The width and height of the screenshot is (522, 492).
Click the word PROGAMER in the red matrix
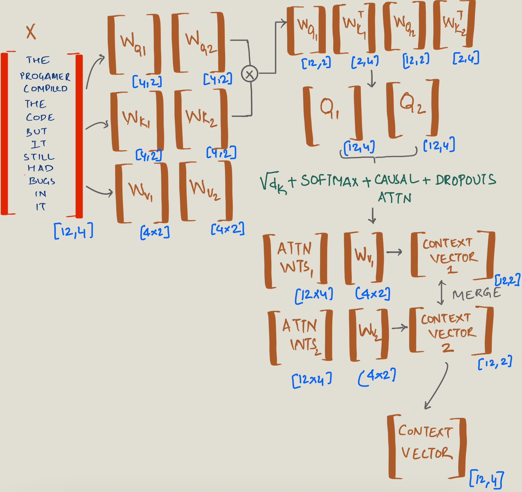[x=45, y=76]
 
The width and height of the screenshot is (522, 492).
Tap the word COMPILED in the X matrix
[x=45, y=89]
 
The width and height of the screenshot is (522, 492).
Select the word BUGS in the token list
[x=42, y=181]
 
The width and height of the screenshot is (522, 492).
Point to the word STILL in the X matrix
[x=39, y=157]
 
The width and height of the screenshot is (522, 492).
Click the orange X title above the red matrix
[x=31, y=32]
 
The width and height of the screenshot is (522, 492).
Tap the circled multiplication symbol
[x=249, y=74]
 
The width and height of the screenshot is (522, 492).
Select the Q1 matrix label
[x=329, y=109]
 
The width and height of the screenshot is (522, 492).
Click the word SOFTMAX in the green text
[x=329, y=181]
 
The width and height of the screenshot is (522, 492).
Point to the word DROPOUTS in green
[x=466, y=180]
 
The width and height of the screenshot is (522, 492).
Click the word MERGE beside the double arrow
[x=476, y=294]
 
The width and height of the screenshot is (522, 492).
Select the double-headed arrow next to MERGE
[x=441, y=293]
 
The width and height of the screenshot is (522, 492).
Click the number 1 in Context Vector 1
[x=452, y=270]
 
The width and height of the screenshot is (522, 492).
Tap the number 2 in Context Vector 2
[x=448, y=347]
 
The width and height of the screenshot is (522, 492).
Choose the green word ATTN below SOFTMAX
[x=394, y=198]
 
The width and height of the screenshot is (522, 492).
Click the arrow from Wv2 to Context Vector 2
[x=400, y=328]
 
